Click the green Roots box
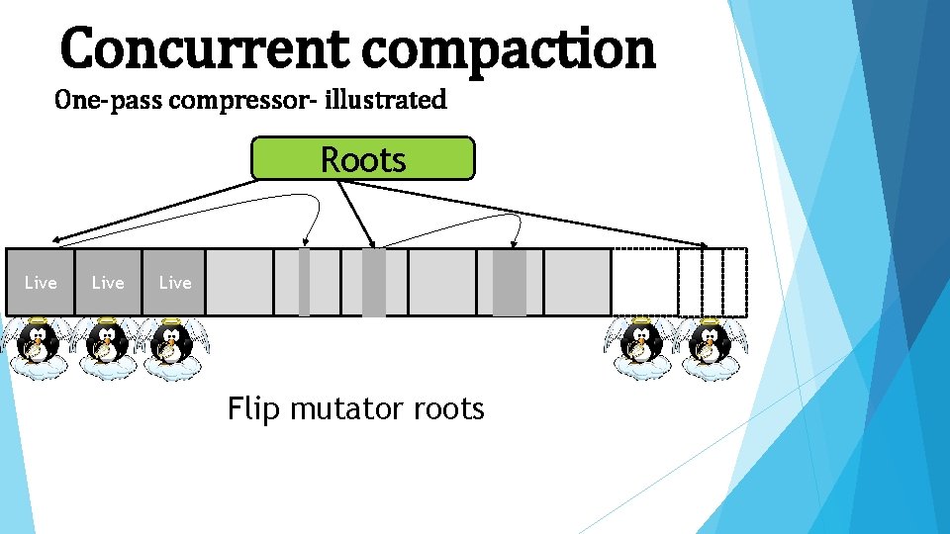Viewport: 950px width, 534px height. [362, 158]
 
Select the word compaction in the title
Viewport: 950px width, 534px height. [509, 49]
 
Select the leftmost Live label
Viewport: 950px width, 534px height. [41, 283]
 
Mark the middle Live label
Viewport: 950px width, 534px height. [108, 283]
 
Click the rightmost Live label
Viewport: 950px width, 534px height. [175, 283]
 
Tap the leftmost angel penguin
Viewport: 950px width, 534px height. [37, 346]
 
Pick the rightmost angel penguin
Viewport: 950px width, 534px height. [709, 346]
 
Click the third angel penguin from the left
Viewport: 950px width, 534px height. [171, 346]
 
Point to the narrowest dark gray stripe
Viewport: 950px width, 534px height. [304, 282]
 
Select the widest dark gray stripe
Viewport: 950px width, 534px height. [510, 282]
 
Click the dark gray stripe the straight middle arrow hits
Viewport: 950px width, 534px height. [373, 282]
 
